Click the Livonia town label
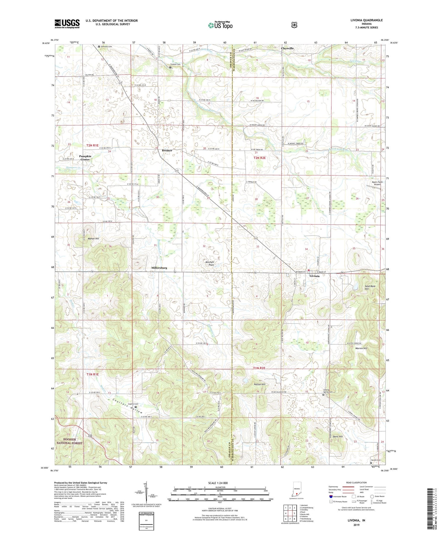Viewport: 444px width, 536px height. pyautogui.click(x=314, y=276)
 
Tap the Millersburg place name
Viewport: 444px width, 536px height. pyautogui.click(x=159, y=268)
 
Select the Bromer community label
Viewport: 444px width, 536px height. pyautogui.click(x=167, y=150)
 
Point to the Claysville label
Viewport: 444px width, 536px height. pyautogui.click(x=287, y=48)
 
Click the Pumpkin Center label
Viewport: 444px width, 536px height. pyautogui.click(x=85, y=158)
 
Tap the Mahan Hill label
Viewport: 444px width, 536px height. pyautogui.click(x=93, y=239)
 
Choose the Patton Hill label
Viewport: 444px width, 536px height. pyautogui.click(x=260, y=384)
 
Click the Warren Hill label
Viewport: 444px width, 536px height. pyautogui.click(x=361, y=348)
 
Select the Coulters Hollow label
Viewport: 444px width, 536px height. pyautogui.click(x=128, y=406)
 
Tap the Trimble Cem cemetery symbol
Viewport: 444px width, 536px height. pyautogui.click(x=170, y=67)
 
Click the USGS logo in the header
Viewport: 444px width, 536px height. pyautogui.click(x=67, y=23)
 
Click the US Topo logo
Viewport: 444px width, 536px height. pyautogui.click(x=220, y=25)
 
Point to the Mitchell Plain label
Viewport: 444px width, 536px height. pyautogui.click(x=209, y=264)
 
